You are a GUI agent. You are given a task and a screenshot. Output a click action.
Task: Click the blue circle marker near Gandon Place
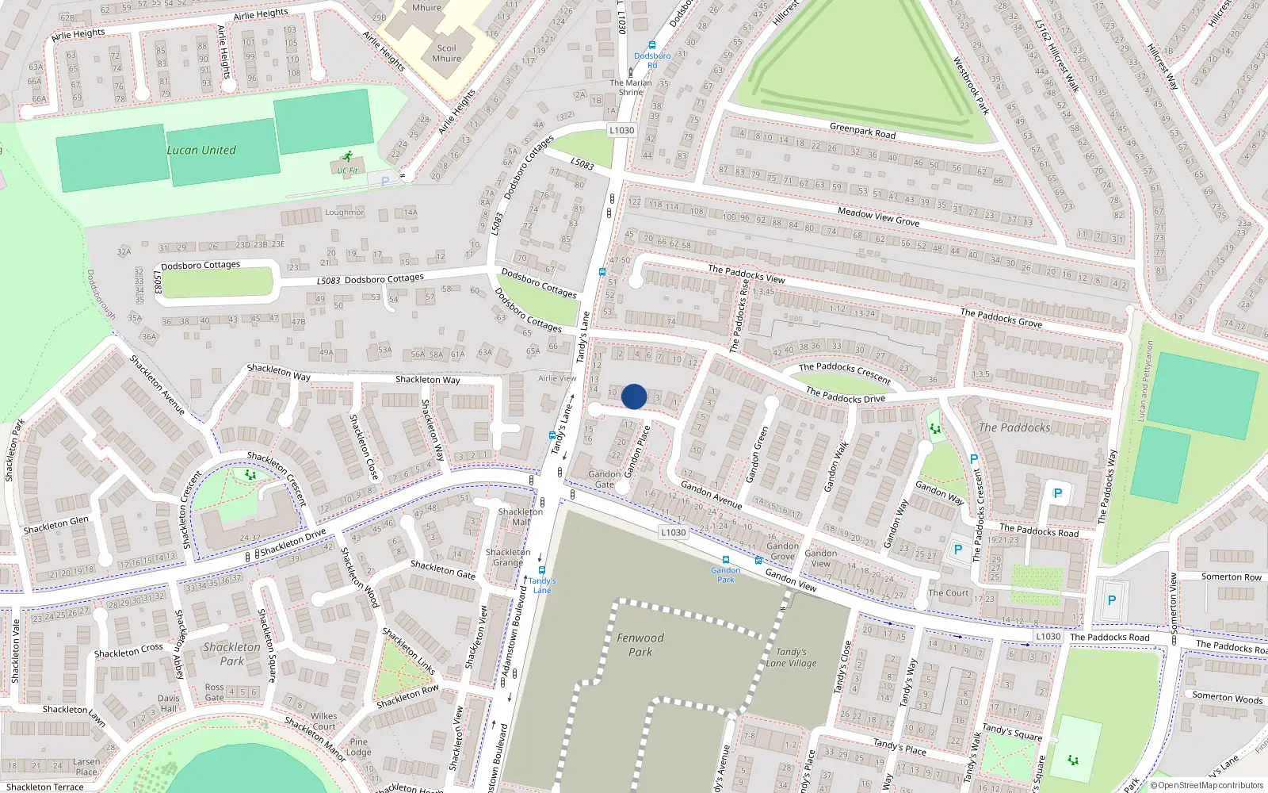[634, 396]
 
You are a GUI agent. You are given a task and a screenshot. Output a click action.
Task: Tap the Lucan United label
[201, 150]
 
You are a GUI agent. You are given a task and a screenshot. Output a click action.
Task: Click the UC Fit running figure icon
[346, 157]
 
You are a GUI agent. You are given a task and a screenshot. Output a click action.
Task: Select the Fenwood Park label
[640, 645]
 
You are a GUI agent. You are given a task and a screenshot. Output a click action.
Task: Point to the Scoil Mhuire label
[447, 53]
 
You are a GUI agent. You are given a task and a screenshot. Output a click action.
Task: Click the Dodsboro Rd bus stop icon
[652, 46]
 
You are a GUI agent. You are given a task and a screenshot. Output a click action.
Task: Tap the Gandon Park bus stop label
[725, 574]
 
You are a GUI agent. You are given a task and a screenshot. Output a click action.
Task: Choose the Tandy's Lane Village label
[791, 657]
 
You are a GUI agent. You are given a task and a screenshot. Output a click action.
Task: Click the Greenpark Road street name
[862, 131]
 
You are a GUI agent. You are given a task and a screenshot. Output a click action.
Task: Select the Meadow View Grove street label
[878, 216]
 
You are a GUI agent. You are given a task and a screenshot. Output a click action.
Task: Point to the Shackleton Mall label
[521, 517]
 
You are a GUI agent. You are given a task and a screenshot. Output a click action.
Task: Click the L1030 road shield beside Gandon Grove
[673, 532]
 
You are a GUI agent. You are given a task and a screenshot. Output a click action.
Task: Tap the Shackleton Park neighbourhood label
[231, 653]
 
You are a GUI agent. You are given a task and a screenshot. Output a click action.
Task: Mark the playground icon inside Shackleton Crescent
[250, 475]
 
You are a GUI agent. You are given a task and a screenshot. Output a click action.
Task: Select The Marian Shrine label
[631, 87]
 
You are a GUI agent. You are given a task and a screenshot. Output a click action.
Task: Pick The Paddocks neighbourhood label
[1014, 427]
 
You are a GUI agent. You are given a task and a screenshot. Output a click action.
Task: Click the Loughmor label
[344, 213]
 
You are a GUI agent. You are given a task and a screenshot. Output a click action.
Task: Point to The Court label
[949, 592]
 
